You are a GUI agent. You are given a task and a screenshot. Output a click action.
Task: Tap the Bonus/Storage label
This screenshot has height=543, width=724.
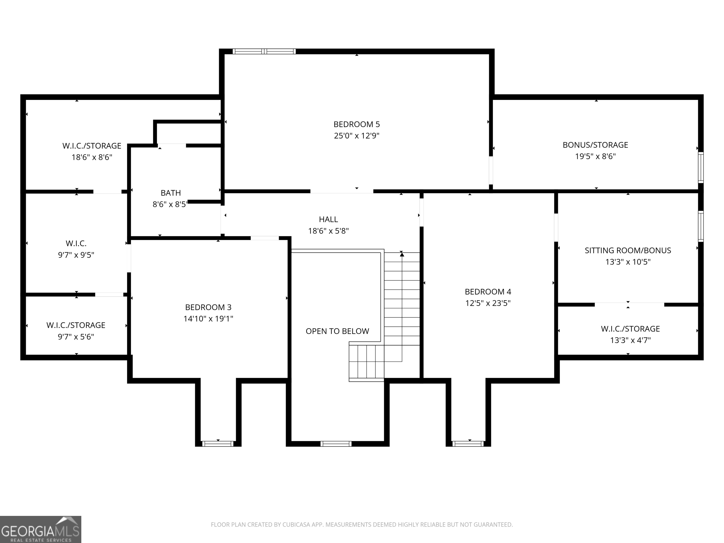coord(595,145)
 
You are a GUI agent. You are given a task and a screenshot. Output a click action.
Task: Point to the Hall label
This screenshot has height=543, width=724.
coord(328,219)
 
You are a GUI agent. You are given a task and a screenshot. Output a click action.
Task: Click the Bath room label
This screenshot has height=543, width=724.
coord(171,193)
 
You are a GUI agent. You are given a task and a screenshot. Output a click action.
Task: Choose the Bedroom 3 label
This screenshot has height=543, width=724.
coord(208,307)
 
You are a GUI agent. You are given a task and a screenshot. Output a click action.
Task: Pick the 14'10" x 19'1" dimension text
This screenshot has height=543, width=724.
coord(208,318)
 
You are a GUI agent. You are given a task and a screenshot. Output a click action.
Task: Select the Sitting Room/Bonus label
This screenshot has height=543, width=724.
coord(628,250)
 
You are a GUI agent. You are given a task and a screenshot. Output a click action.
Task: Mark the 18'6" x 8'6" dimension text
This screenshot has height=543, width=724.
coord(92,157)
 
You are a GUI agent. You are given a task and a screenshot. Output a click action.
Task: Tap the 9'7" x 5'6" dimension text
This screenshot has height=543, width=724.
coord(76,337)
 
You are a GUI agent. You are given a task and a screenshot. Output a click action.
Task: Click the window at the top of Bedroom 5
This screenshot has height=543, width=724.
coord(264,51)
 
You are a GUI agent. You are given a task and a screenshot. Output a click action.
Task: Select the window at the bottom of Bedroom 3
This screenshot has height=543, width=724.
coord(218,444)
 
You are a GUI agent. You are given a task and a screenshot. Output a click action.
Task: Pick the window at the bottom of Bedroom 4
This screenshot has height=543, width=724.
coord(468,444)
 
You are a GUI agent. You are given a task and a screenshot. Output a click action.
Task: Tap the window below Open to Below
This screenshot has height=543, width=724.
coord(336,444)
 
